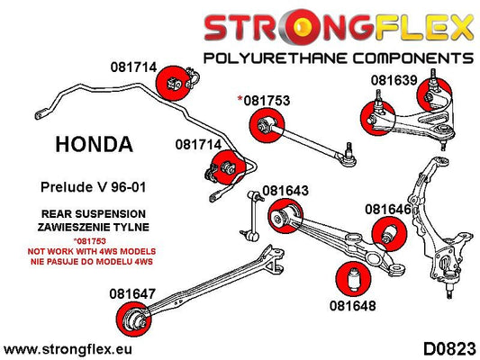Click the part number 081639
click(x=394, y=80)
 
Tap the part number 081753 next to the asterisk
click(x=267, y=101)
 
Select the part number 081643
click(x=285, y=191)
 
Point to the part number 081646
click(x=388, y=209)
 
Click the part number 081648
click(x=353, y=306)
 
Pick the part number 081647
click(x=132, y=294)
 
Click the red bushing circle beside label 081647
click(x=134, y=319)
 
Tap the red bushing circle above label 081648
click(x=354, y=279)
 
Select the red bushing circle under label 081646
click(x=389, y=234)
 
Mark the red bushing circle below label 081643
click(x=285, y=216)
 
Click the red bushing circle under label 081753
click(x=267, y=125)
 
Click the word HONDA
click(x=94, y=144)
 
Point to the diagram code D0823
click(x=449, y=349)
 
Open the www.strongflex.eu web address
click(x=68, y=349)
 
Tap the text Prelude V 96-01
click(x=93, y=187)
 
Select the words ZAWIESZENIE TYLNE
click(x=94, y=227)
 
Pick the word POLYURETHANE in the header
click(x=276, y=58)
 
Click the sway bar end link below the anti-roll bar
click(x=252, y=215)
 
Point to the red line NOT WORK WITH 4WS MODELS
click(x=92, y=251)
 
